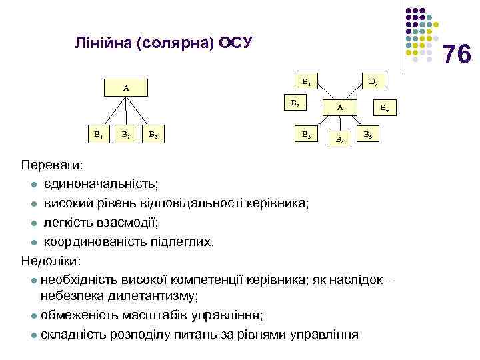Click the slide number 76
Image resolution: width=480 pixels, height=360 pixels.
click(457, 54)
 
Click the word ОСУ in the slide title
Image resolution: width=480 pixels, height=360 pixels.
click(235, 44)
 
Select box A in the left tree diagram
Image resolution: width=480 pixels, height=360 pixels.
click(126, 87)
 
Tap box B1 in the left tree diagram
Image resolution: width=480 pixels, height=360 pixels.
click(98, 134)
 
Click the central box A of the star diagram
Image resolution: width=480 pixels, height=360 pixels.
click(340, 107)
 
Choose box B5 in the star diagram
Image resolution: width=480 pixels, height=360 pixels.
click(367, 135)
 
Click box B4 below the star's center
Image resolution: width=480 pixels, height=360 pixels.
click(340, 139)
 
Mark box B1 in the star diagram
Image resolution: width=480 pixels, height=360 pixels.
click(305, 83)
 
